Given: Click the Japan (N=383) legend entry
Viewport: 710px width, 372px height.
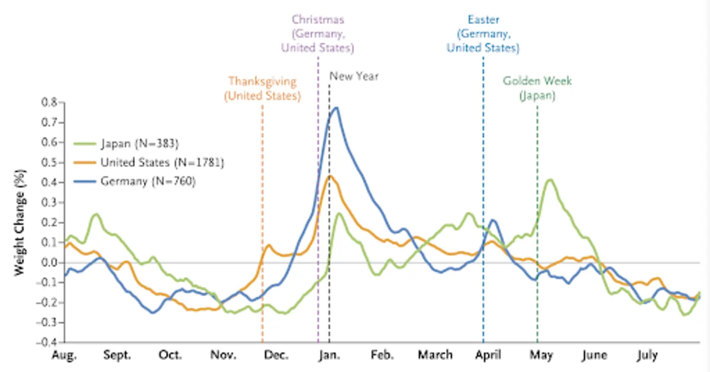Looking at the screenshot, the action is [x=126, y=144].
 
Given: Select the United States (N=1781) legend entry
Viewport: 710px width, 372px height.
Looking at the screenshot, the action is [x=149, y=162].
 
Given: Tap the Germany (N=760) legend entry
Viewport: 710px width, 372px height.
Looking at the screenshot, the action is [x=134, y=181].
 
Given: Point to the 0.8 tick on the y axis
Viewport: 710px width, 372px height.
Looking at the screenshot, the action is [x=49, y=102].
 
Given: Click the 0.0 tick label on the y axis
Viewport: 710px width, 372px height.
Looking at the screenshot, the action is [x=49, y=262].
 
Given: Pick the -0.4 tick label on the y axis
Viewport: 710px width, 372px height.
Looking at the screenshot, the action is [x=47, y=342].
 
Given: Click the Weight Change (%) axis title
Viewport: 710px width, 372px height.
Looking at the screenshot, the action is [x=20, y=223].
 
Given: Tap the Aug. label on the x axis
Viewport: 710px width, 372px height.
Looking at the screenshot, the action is [x=64, y=355].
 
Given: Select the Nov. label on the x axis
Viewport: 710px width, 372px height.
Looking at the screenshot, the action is [x=223, y=355].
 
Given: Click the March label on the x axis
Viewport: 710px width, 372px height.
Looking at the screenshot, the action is [x=435, y=355].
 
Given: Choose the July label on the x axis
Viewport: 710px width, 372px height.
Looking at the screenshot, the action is [x=647, y=355].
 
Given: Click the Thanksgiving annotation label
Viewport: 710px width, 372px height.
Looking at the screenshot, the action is [x=263, y=88].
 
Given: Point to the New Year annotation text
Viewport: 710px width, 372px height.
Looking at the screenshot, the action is [x=354, y=76].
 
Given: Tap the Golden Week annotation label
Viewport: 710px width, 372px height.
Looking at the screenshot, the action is [x=537, y=88].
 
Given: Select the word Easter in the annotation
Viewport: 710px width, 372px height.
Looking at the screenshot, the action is [x=483, y=20].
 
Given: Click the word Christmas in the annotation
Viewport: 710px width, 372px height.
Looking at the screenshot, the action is [x=318, y=20].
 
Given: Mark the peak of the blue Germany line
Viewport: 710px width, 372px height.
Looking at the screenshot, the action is [x=336, y=108].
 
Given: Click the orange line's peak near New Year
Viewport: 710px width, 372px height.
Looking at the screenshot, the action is [x=330, y=176].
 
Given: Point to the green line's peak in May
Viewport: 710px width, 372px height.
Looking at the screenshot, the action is [x=550, y=180].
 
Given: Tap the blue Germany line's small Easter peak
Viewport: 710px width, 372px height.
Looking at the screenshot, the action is [x=493, y=220].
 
